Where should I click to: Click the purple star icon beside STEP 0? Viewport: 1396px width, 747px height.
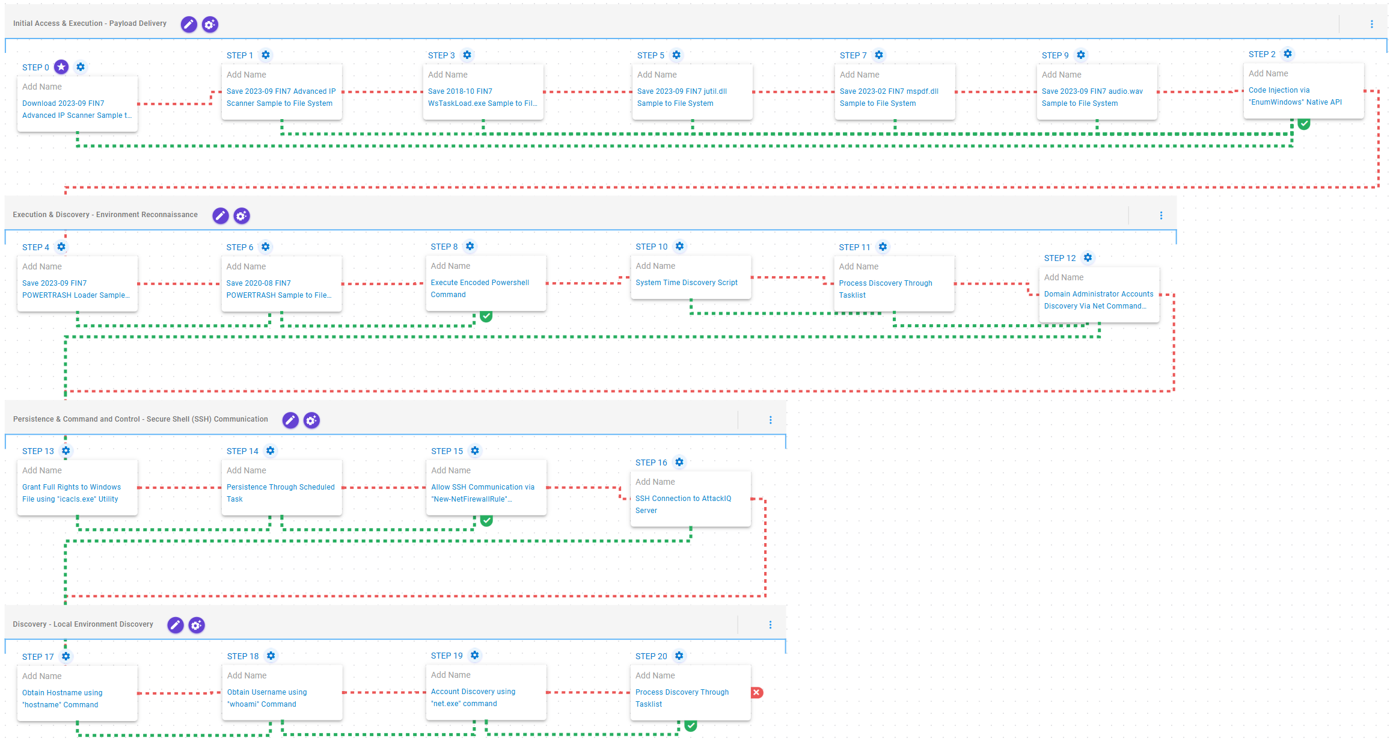61,67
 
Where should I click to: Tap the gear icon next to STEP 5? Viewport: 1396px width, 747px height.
676,55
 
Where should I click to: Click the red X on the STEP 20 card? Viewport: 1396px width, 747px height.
757,692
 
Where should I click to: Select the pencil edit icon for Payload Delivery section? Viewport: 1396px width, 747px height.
189,24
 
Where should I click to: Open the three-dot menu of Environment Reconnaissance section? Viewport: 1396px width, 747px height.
1161,215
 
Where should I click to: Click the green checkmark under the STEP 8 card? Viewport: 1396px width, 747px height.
486,316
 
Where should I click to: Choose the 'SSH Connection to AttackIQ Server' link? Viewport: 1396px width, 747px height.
684,504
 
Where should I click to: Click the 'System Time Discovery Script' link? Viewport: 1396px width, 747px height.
687,282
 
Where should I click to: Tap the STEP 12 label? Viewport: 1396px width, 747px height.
1060,258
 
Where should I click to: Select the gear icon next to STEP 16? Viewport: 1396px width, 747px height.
679,462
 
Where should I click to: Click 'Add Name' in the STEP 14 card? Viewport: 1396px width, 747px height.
246,470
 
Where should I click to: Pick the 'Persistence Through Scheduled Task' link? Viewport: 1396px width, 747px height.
281,493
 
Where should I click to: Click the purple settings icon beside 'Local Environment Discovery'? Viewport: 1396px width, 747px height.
197,625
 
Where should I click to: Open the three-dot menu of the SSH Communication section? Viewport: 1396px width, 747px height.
770,420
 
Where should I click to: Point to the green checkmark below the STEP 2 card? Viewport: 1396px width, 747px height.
1304,124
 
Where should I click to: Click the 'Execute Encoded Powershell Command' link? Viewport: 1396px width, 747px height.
480,288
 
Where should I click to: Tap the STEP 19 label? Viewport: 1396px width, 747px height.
447,656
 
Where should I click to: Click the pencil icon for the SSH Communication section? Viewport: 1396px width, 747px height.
290,420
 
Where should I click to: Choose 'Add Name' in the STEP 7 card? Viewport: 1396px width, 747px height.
860,75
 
